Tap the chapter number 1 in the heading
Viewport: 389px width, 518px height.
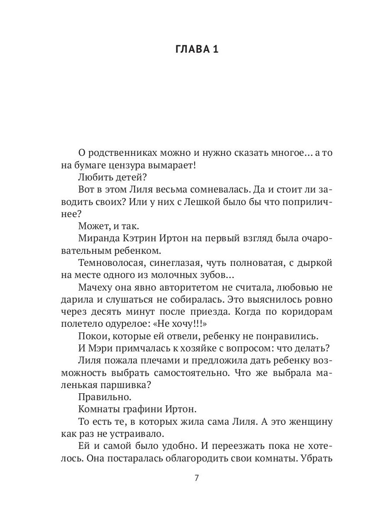[215, 49]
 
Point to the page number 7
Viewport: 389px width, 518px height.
[197, 478]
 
